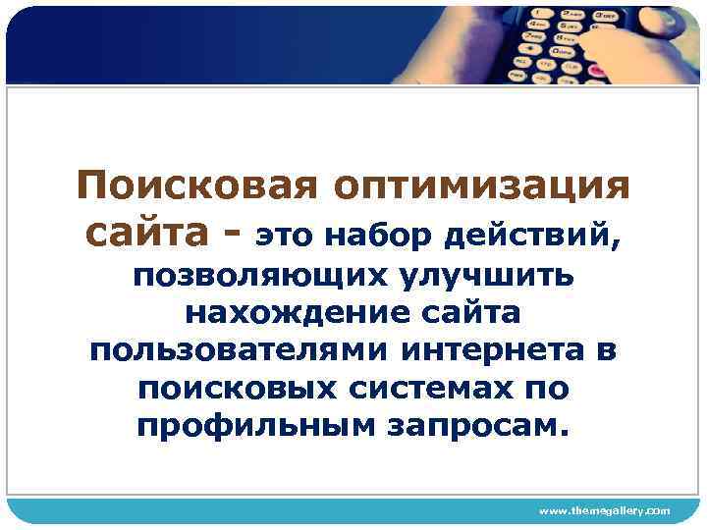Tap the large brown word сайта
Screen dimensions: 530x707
click(144, 234)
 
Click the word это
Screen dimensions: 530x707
click(285, 236)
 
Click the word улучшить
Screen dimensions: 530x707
click(485, 278)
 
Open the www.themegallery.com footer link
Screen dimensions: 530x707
click(604, 511)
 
